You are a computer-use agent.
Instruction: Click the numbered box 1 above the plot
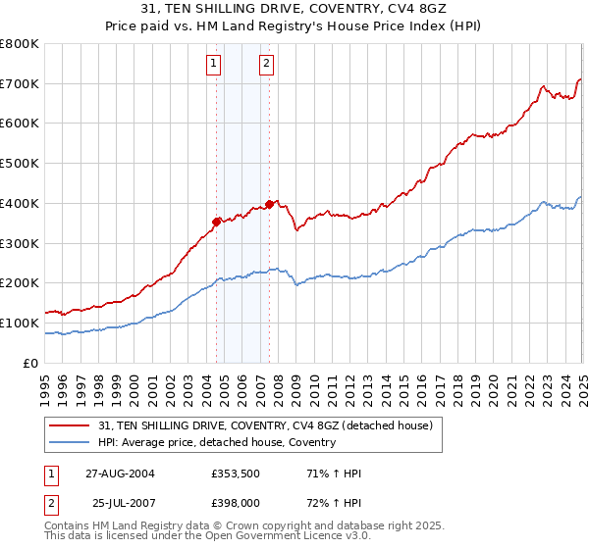tap(214, 65)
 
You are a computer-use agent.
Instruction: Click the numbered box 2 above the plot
tap(266, 65)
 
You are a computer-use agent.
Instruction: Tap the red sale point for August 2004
tap(216, 222)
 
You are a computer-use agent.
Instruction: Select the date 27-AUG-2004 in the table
tap(120, 474)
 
